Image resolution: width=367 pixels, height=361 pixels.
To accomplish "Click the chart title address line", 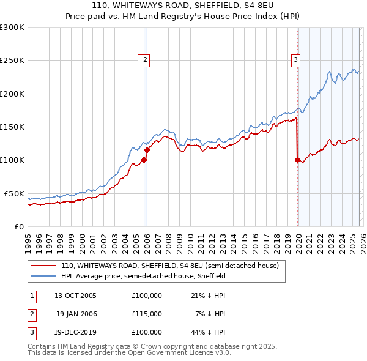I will [x=183, y=6].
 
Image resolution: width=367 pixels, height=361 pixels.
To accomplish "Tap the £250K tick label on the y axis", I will [x=12, y=61].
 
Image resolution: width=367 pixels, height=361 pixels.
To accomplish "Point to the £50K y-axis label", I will [x=14, y=193].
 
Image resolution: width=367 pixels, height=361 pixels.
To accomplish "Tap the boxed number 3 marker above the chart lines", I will [x=295, y=60].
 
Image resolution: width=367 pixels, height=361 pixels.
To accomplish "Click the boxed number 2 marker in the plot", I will [x=147, y=60].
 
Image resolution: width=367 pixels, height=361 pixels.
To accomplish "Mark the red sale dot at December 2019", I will [x=297, y=160].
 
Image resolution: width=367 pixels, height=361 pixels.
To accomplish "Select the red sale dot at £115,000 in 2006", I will [x=147, y=150].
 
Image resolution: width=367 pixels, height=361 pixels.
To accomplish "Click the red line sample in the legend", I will [x=43, y=266].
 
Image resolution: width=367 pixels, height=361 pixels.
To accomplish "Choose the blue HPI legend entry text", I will [x=143, y=276].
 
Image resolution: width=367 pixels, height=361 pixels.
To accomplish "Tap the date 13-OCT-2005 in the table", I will [x=75, y=296].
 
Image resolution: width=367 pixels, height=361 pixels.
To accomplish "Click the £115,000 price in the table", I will [x=146, y=314].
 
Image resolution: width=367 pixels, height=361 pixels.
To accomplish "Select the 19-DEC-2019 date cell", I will [x=75, y=332].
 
